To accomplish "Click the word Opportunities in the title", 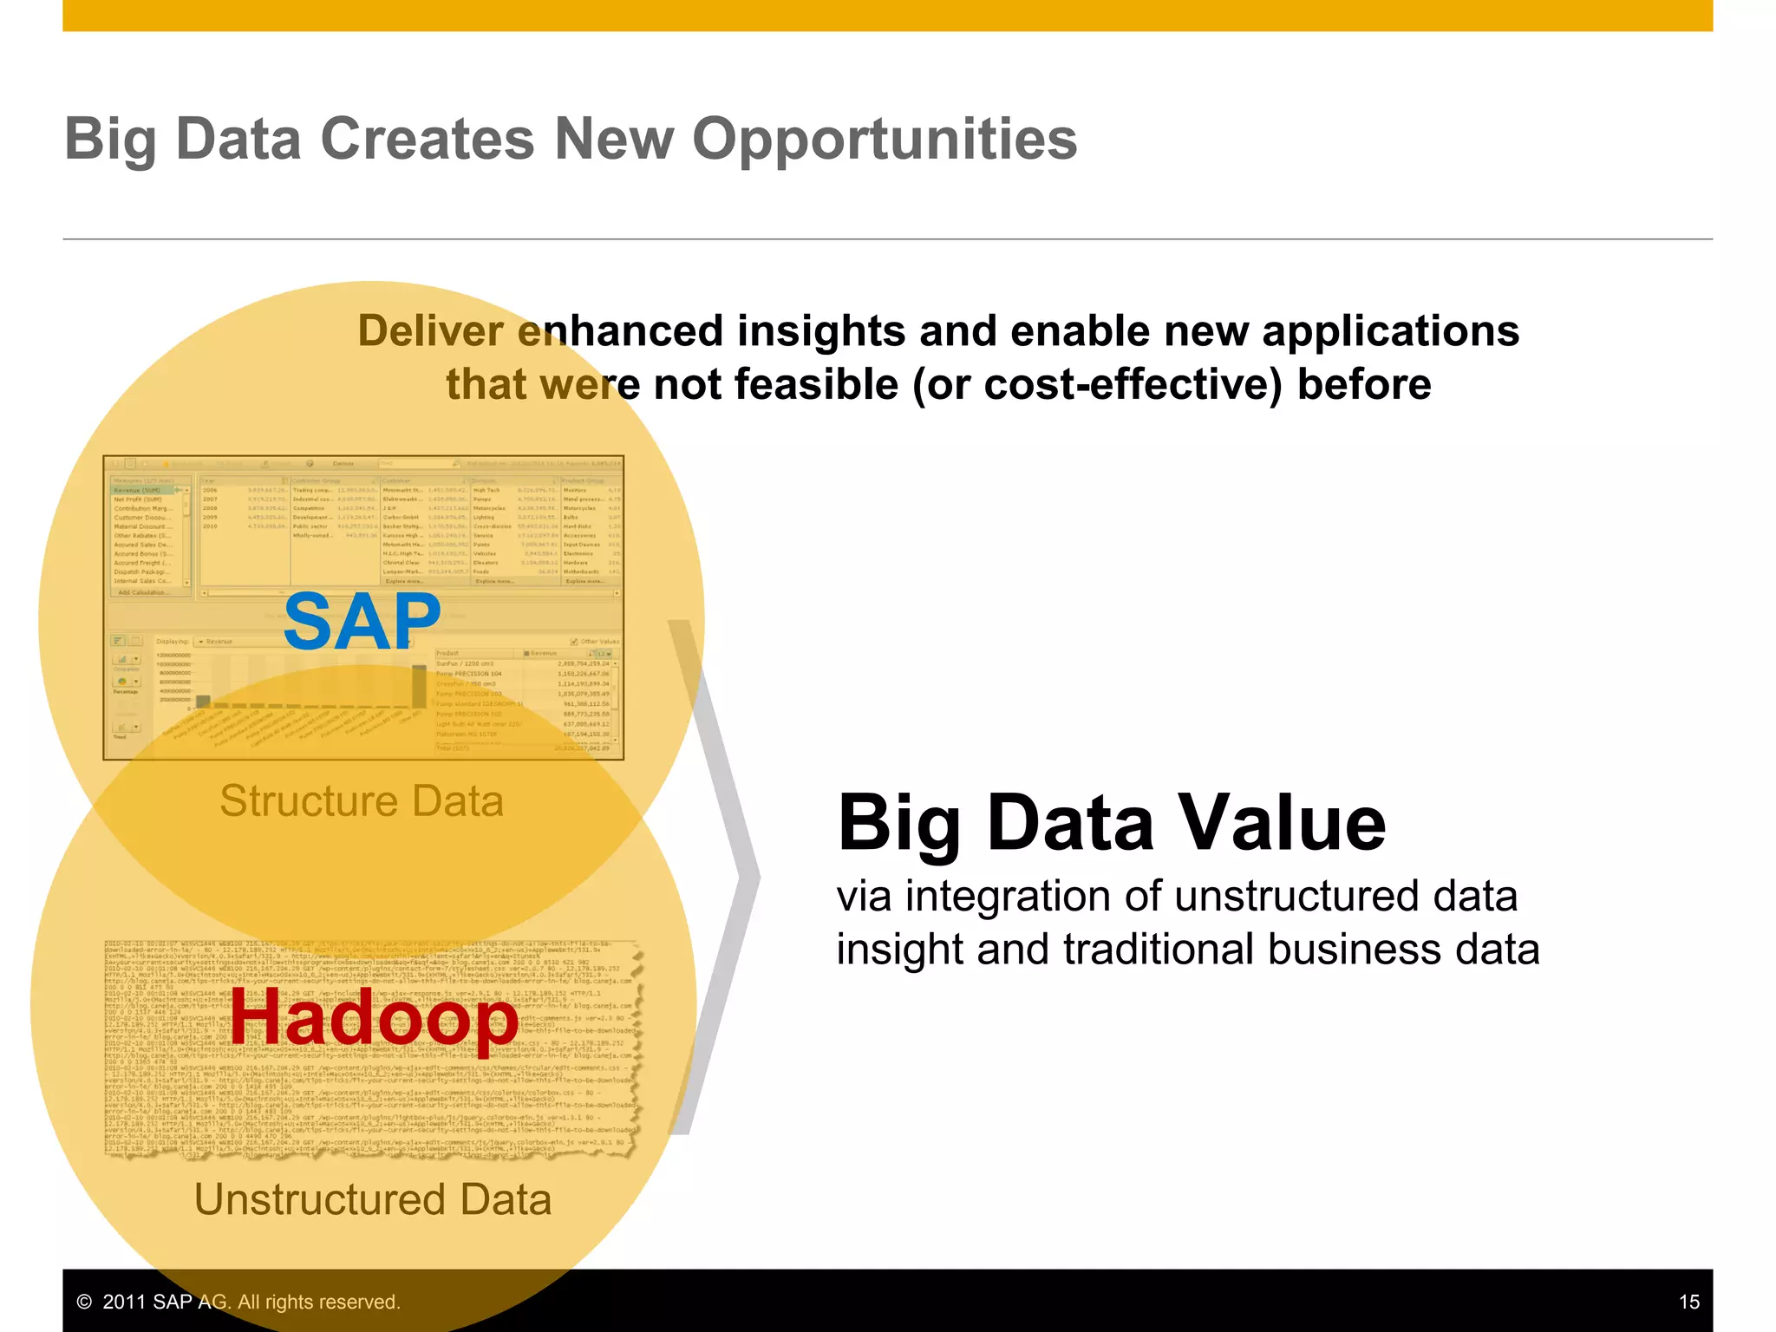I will (884, 140).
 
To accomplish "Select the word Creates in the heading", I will (428, 139).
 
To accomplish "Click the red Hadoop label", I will (374, 1019).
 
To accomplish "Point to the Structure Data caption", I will (362, 800).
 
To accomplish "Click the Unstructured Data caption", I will (373, 1199).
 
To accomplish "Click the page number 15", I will (1688, 1302).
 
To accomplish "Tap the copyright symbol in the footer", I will (84, 1302).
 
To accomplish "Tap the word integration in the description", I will (1007, 896).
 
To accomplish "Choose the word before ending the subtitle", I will (1363, 384).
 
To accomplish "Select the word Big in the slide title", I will (110, 140).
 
